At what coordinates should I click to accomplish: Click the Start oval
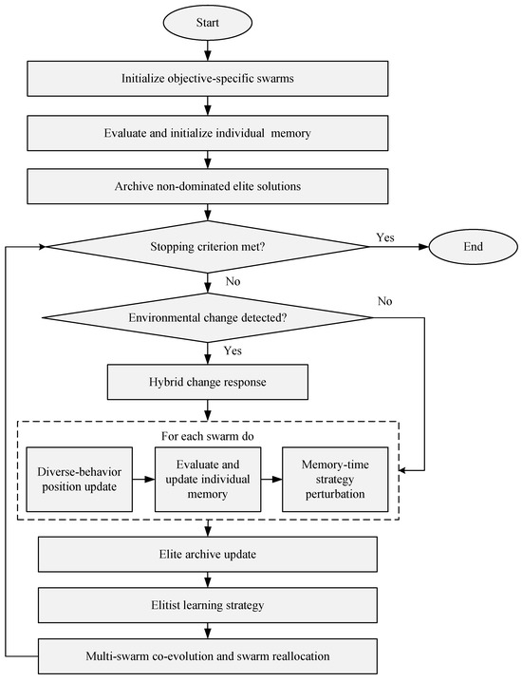(x=207, y=23)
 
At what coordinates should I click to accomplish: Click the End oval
(x=474, y=247)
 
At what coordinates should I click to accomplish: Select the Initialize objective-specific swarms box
(x=208, y=79)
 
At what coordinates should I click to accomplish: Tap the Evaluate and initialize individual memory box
(x=208, y=133)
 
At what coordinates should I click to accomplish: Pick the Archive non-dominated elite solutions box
(x=208, y=186)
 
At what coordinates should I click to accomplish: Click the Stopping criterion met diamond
(x=208, y=247)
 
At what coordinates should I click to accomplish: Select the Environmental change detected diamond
(x=208, y=317)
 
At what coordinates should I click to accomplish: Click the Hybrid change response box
(x=208, y=383)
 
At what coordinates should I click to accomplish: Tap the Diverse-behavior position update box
(x=79, y=480)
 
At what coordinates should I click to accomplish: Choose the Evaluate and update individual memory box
(x=208, y=480)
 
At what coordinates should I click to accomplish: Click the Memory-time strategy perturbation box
(x=335, y=480)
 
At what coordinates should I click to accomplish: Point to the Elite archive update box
(x=208, y=555)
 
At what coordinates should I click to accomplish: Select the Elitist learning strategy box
(x=208, y=605)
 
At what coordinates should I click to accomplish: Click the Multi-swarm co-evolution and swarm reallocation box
(x=208, y=656)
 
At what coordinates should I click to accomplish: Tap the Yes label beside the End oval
(x=385, y=237)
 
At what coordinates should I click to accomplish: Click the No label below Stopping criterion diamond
(x=233, y=281)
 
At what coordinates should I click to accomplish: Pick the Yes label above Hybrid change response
(x=233, y=350)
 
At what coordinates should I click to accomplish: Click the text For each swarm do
(x=208, y=436)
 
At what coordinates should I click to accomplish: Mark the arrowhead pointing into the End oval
(x=424, y=247)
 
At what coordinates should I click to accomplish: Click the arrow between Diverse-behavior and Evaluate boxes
(x=143, y=480)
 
